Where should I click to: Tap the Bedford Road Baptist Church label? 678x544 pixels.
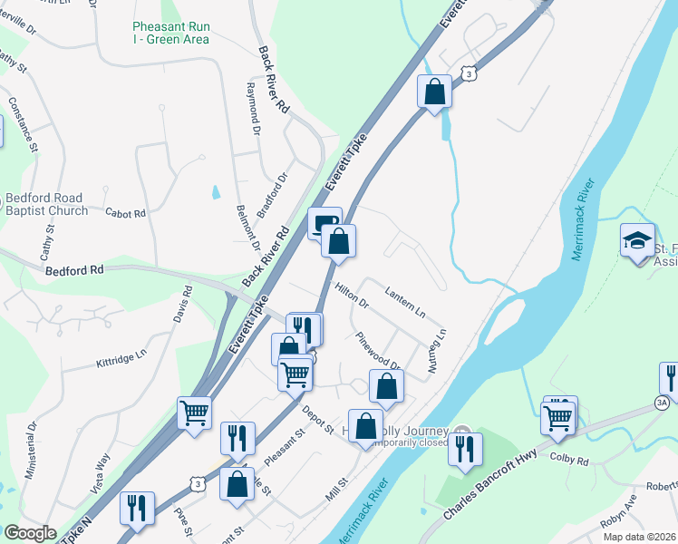point(44,204)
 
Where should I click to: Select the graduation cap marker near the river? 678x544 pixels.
point(638,241)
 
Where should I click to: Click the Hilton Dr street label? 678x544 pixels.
point(352,296)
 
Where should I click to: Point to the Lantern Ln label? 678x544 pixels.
point(404,301)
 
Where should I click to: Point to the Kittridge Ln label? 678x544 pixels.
point(121,358)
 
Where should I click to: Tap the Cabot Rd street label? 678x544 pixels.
point(125,214)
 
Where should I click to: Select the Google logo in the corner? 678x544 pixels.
point(30,533)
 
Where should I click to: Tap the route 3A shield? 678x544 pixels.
point(662,402)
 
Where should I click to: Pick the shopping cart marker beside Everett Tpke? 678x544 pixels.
point(195,413)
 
